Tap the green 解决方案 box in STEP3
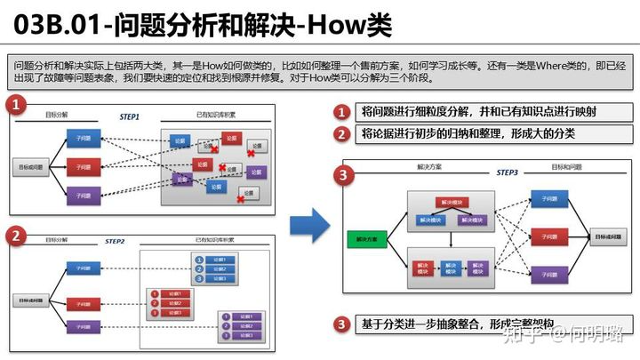(364, 239)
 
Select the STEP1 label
(129, 116)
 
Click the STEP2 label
(115, 241)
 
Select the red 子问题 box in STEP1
(83, 166)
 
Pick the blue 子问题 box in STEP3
(548, 199)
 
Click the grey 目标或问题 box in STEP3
(607, 237)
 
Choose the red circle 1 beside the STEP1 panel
(15, 106)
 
